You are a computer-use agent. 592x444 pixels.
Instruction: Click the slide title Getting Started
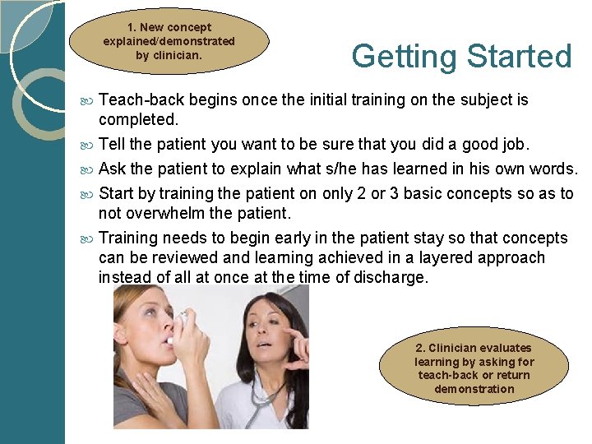pyautogui.click(x=461, y=57)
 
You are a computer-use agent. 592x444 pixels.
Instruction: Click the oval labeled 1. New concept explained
pyautogui.click(x=169, y=41)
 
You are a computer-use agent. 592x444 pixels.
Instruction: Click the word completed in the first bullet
pyautogui.click(x=137, y=119)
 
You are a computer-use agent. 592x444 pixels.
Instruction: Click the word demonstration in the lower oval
pyautogui.click(x=474, y=389)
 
